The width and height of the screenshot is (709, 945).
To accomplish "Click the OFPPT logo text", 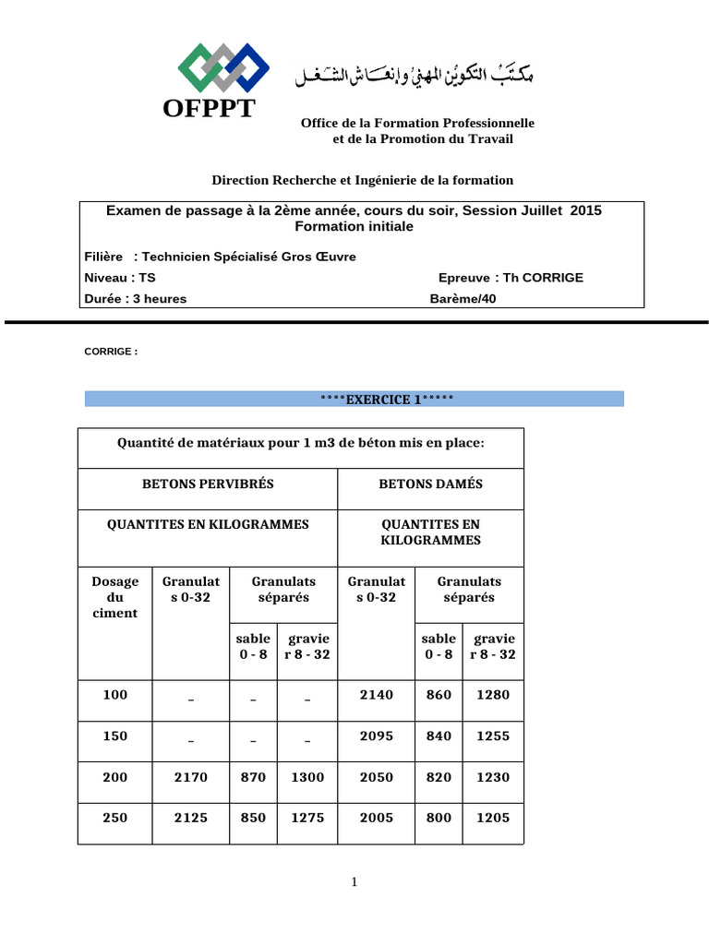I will [209, 109].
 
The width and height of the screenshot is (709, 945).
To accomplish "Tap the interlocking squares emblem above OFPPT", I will [222, 67].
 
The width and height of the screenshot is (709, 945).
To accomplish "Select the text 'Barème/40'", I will [463, 298].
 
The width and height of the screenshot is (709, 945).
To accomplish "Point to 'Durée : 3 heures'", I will [135, 298].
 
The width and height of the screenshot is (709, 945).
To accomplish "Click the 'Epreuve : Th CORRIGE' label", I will [511, 277].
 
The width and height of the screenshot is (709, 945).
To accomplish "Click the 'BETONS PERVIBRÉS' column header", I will [208, 484].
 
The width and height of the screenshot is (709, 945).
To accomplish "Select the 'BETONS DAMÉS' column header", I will [430, 484].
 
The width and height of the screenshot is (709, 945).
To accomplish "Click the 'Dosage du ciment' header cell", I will [115, 597].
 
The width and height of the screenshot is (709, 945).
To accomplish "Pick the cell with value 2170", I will [191, 777].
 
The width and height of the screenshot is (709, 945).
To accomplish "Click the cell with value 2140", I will [376, 694].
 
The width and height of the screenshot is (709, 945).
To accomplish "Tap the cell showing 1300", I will [307, 777].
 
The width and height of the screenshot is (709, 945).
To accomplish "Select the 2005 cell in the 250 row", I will [376, 818].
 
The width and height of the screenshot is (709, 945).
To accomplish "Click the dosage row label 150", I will [115, 736].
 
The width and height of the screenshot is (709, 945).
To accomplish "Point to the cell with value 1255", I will [492, 736].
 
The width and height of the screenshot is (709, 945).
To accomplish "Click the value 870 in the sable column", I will [253, 777].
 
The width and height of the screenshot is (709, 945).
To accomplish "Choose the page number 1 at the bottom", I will [354, 883].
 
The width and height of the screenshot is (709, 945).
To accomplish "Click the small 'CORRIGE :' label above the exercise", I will [111, 352].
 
